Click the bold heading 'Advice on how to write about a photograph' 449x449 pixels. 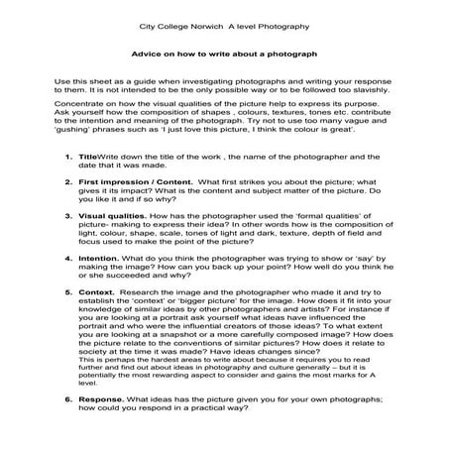tap(223, 55)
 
